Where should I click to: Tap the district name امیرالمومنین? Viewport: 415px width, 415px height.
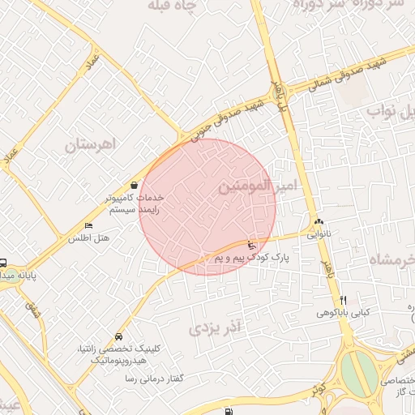click(257, 186)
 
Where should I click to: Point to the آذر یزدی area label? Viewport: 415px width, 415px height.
click(216, 328)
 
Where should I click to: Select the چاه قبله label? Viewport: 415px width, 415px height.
click(174, 6)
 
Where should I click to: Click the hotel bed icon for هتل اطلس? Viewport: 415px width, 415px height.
click(88, 226)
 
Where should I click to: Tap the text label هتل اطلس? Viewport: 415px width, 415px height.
click(88, 238)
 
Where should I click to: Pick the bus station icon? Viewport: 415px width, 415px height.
click(2, 263)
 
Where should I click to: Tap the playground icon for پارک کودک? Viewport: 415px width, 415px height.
click(251, 245)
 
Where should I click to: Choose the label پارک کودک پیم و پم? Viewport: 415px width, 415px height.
click(251, 257)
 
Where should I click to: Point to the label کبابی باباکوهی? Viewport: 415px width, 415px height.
click(347, 311)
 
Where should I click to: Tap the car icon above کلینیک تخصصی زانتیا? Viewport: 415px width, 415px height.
click(119, 336)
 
